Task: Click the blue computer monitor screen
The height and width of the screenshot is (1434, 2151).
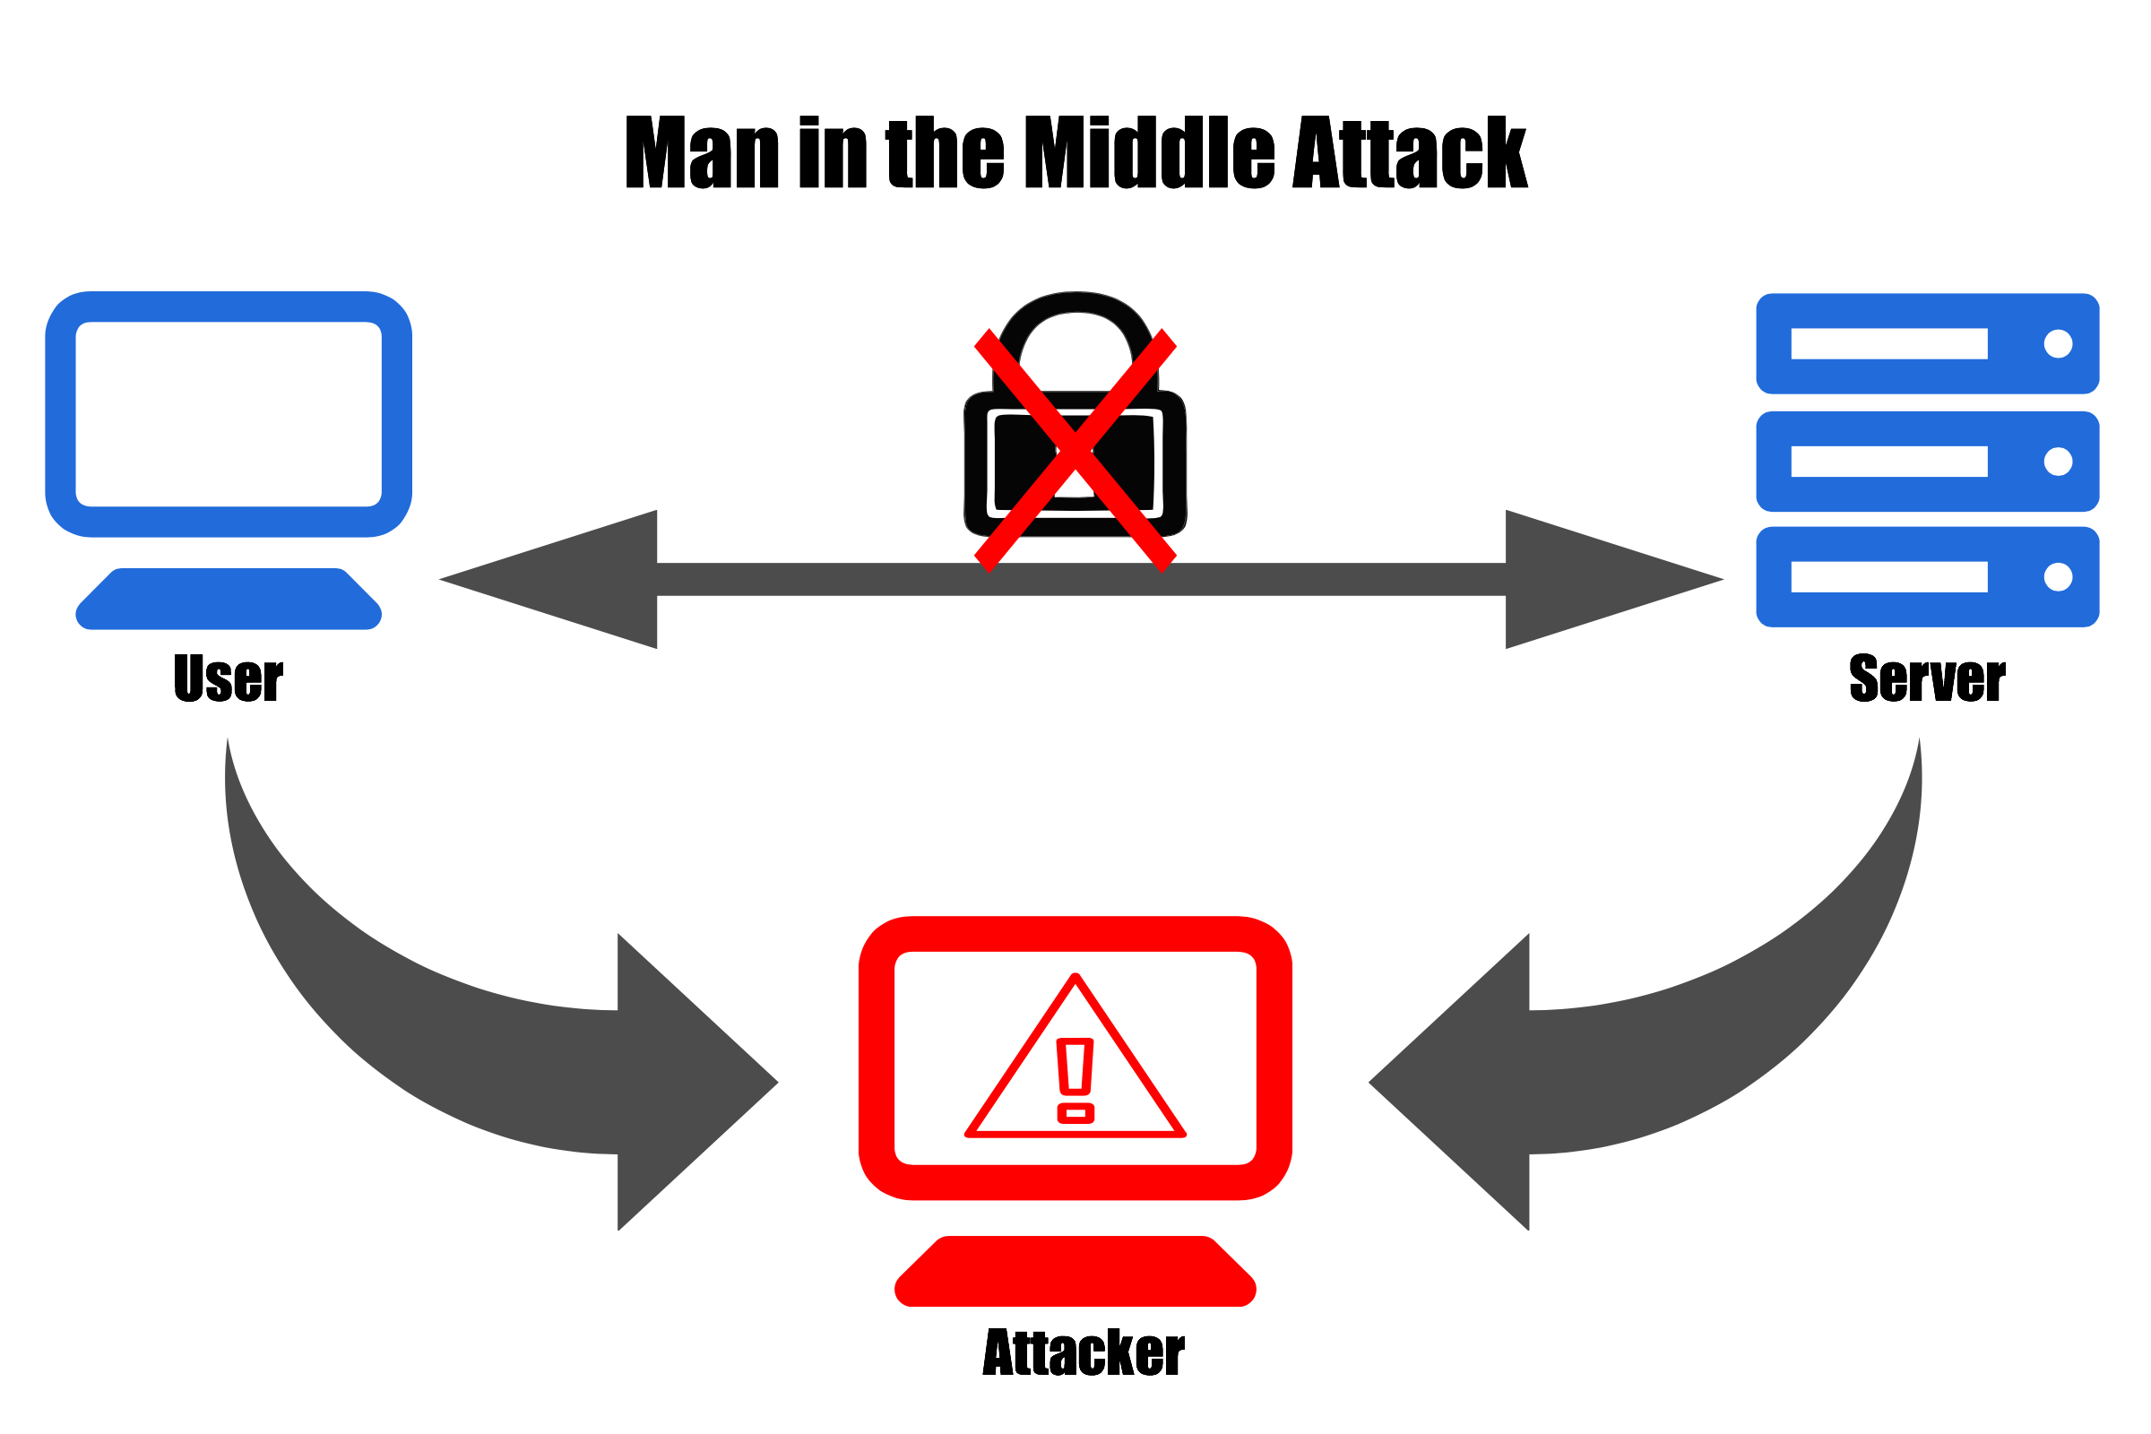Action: (x=229, y=413)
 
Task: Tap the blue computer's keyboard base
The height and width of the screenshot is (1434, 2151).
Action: (x=229, y=600)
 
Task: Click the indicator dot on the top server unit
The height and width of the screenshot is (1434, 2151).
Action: (x=2058, y=344)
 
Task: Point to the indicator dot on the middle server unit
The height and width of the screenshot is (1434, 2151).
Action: (x=2058, y=462)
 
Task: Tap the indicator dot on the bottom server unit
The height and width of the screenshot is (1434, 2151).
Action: (x=2058, y=577)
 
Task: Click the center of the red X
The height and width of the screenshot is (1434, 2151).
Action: (x=1075, y=449)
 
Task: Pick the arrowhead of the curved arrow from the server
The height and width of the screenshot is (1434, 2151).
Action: (x=1450, y=1082)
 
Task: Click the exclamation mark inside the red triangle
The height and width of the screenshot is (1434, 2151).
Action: (x=1075, y=1067)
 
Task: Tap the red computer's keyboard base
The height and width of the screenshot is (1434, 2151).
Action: (x=1075, y=1274)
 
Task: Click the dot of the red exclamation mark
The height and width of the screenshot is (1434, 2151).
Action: (x=1075, y=1113)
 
